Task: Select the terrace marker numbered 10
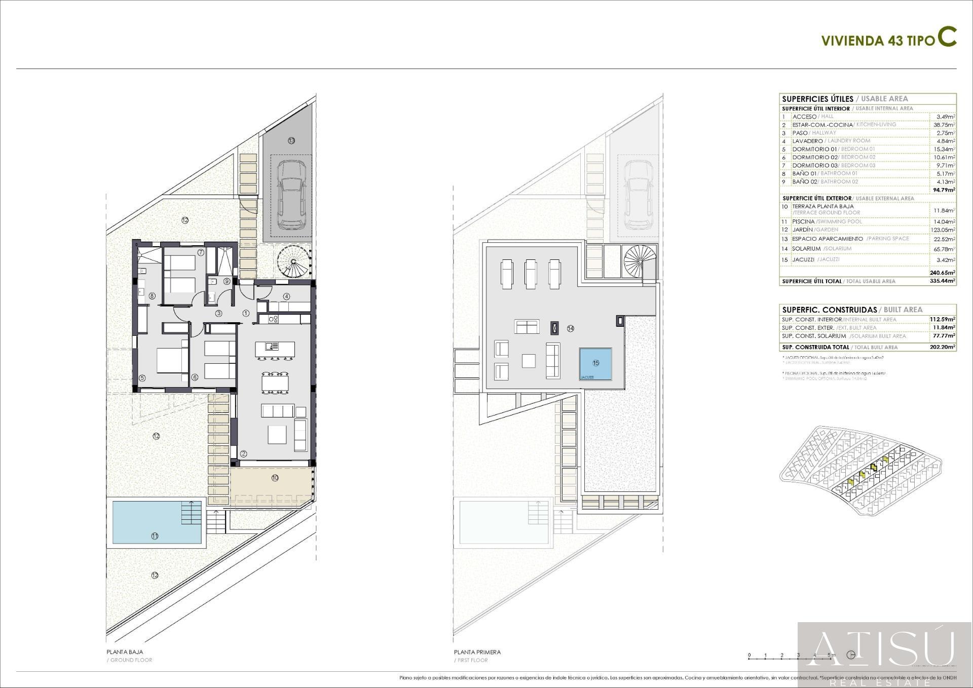(275, 478)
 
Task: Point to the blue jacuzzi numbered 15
(595, 363)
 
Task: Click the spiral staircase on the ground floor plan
(293, 261)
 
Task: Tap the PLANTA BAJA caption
(125, 652)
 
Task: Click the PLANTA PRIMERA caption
(477, 652)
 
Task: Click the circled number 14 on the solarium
(571, 328)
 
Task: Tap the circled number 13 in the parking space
(291, 141)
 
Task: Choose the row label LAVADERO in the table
(807, 141)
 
